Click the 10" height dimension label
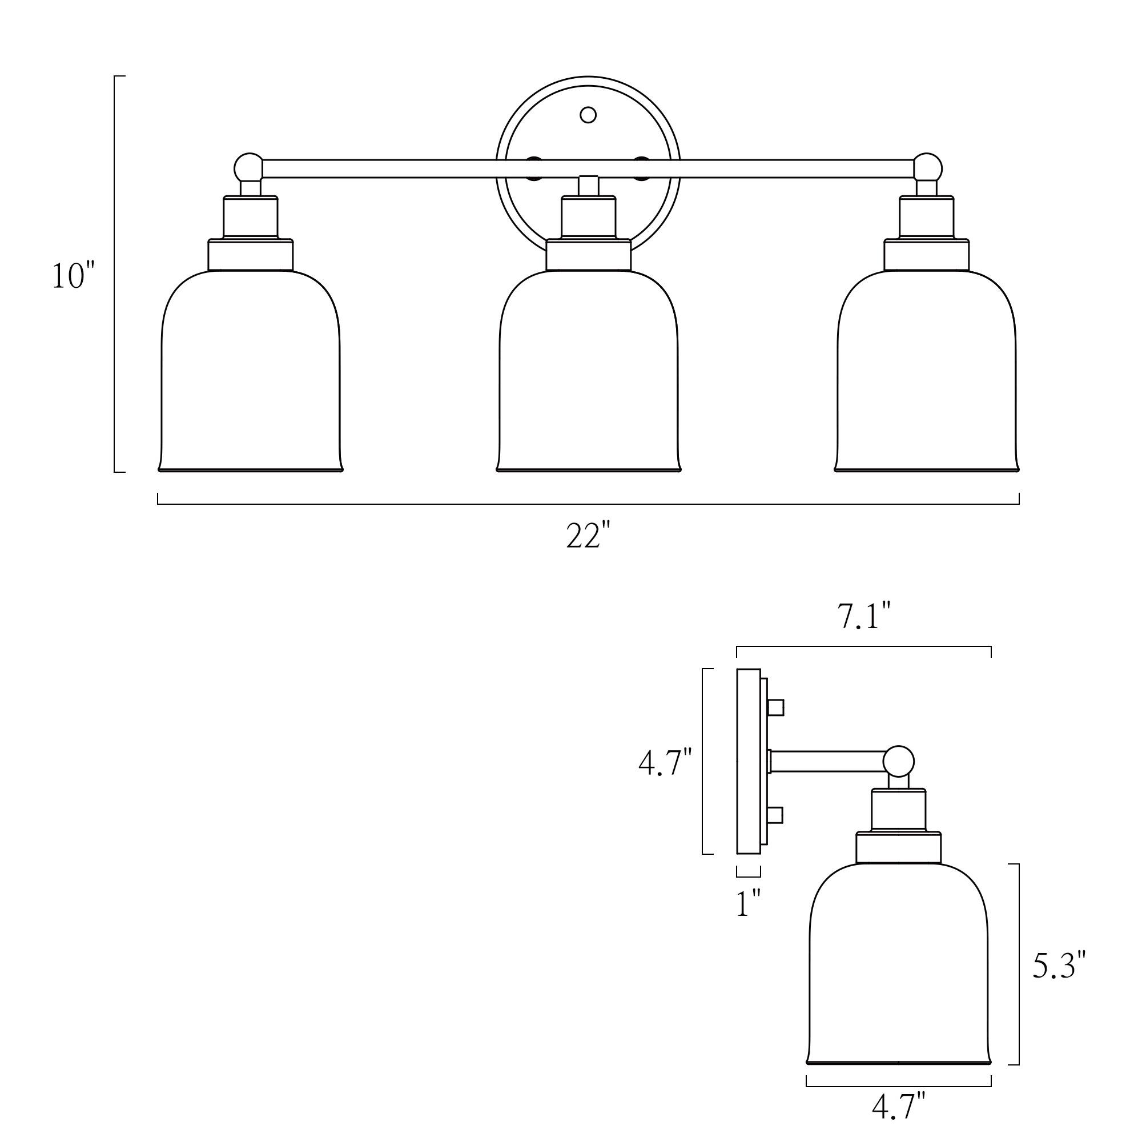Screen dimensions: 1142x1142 (x=74, y=276)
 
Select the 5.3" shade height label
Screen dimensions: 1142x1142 (x=1059, y=965)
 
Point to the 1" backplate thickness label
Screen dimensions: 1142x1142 (x=749, y=903)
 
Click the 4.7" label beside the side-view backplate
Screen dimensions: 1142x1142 (x=665, y=762)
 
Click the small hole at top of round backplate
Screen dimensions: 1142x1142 (x=588, y=115)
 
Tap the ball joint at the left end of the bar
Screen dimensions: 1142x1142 (x=248, y=167)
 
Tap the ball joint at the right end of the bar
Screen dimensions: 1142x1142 (x=927, y=167)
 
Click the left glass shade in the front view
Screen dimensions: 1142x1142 (x=251, y=372)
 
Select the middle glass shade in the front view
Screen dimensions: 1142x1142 (x=589, y=372)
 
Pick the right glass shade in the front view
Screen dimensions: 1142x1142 (x=927, y=372)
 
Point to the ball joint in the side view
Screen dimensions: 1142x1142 (x=898, y=761)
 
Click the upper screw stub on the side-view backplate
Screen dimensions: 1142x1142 (x=775, y=707)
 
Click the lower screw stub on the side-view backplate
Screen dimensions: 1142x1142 (x=775, y=815)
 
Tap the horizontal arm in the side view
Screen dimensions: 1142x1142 (x=827, y=761)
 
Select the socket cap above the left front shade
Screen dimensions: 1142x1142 (x=251, y=216)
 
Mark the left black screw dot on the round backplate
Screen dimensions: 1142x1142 (x=534, y=167)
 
